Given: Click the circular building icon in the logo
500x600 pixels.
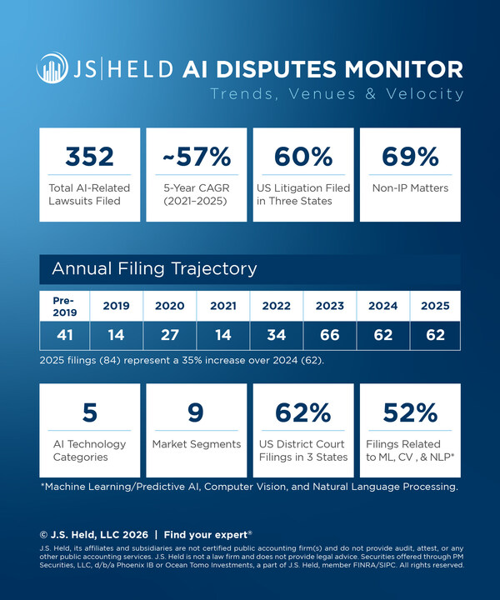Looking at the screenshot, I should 52,69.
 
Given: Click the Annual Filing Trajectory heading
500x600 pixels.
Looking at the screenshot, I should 154,269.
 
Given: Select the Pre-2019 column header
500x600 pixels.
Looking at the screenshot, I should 64,305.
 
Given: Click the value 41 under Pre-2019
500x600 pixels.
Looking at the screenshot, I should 64,335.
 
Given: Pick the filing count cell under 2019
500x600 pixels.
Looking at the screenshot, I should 117,335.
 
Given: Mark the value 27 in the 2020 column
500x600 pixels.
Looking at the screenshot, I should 169,335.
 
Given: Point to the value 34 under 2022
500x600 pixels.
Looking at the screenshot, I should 276,335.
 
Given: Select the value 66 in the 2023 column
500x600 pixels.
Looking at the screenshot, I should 328,335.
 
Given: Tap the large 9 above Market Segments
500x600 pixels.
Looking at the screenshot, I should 197,412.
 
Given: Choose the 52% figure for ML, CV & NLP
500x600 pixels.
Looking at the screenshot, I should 409,412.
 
